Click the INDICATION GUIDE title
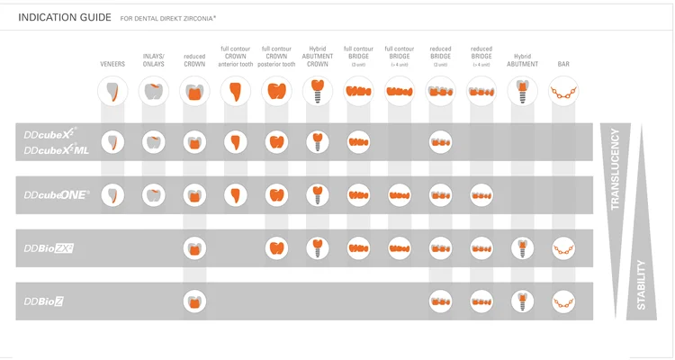tap(65, 17)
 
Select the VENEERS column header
tap(112, 64)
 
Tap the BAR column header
tap(563, 64)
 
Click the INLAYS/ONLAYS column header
tap(154, 60)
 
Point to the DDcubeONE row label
tap(57, 194)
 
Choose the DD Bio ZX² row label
tap(49, 248)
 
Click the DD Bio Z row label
tap(44, 301)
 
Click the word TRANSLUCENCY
tap(616, 169)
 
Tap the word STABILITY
tap(642, 284)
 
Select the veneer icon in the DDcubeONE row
tap(112, 194)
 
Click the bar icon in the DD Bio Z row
tap(563, 301)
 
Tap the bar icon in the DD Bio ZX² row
tap(563, 248)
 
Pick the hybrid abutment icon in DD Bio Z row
tap(522, 301)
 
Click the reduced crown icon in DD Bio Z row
tap(193, 301)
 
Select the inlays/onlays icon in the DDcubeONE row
tap(154, 194)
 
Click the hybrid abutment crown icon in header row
tap(317, 90)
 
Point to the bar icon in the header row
tap(563, 90)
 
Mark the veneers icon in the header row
tap(112, 90)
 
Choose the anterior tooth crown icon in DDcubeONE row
tap(235, 194)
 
